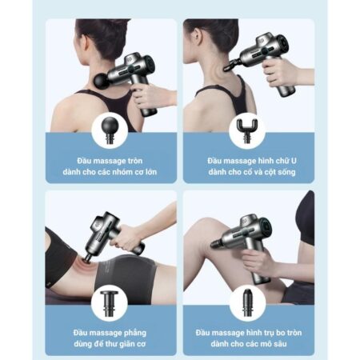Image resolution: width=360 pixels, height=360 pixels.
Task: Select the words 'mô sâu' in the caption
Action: (273, 342)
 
